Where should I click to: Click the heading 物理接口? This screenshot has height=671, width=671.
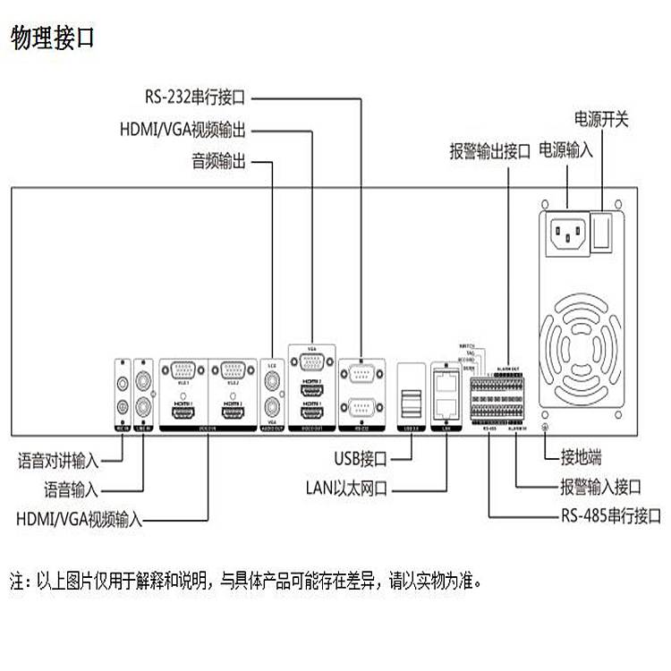point(53,38)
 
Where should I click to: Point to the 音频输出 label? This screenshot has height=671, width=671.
point(218,162)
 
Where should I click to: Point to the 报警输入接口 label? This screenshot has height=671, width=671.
point(600,488)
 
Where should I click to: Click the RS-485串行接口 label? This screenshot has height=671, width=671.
point(611,516)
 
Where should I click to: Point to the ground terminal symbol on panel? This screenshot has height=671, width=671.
point(548,429)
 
